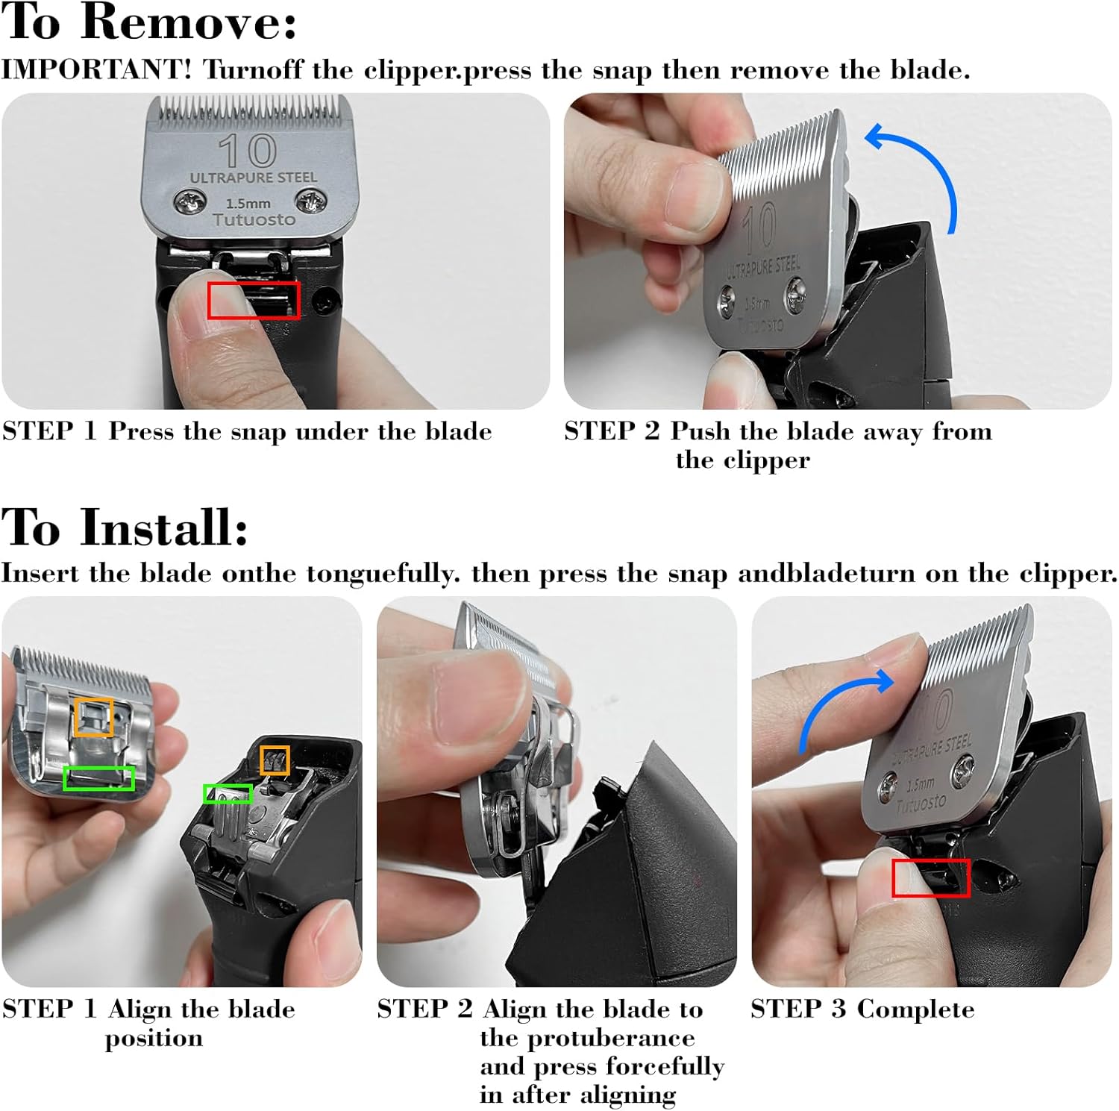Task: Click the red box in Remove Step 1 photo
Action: [x=254, y=300]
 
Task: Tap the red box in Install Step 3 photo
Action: [x=930, y=877]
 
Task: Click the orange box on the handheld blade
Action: [x=94, y=717]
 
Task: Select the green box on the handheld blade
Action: [x=99, y=778]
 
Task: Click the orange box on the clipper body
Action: [x=275, y=760]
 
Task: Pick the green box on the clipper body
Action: [x=228, y=794]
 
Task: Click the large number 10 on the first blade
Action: [x=248, y=151]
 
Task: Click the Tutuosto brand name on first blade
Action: [x=254, y=219]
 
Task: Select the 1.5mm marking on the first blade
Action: [x=248, y=203]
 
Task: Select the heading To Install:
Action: [x=125, y=527]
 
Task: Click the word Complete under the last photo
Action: [x=915, y=1009]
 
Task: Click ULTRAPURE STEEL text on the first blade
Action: [x=254, y=178]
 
